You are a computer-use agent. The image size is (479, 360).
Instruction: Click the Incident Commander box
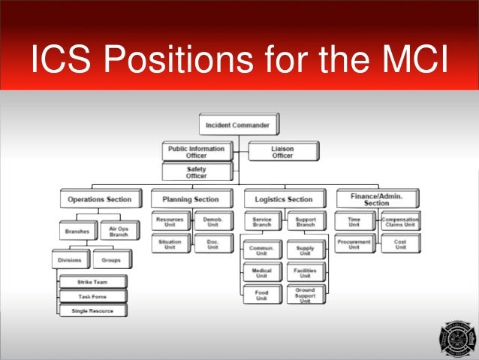click(239, 124)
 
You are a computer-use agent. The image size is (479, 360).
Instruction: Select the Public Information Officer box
click(196, 152)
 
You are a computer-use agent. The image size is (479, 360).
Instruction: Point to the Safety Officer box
click(196, 173)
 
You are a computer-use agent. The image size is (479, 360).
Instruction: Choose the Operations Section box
click(99, 199)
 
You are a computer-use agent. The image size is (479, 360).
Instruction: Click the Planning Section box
click(190, 199)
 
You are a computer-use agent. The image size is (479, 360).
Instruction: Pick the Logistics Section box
click(284, 199)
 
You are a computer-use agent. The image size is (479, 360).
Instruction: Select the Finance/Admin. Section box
click(376, 198)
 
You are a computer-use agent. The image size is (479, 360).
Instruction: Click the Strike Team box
click(93, 282)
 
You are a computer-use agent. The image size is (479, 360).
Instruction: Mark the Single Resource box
click(93, 309)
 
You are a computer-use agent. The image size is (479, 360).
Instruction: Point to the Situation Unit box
click(169, 244)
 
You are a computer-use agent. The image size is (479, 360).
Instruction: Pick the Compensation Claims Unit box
click(399, 221)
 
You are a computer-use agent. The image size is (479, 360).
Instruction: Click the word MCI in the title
click(405, 59)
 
